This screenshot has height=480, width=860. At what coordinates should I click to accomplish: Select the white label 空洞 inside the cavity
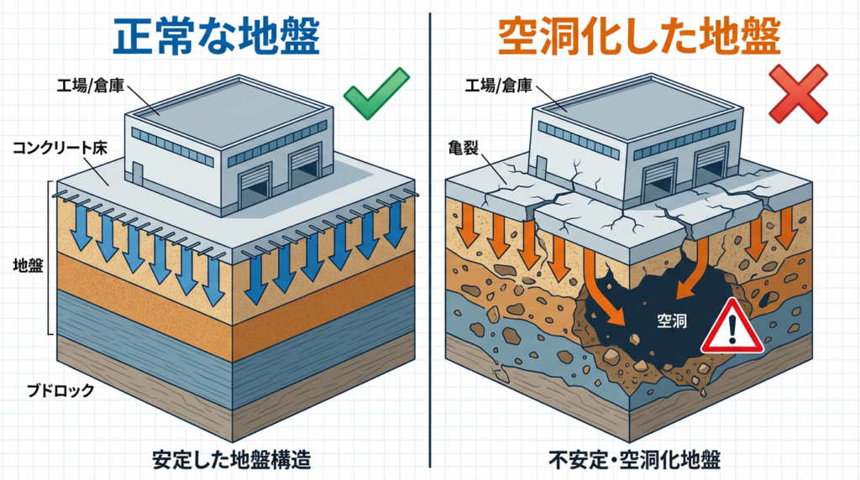tap(670, 319)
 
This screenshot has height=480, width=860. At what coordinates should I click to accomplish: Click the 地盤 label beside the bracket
tap(29, 265)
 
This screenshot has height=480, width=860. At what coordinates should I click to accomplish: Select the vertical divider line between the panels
tap(430, 252)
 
